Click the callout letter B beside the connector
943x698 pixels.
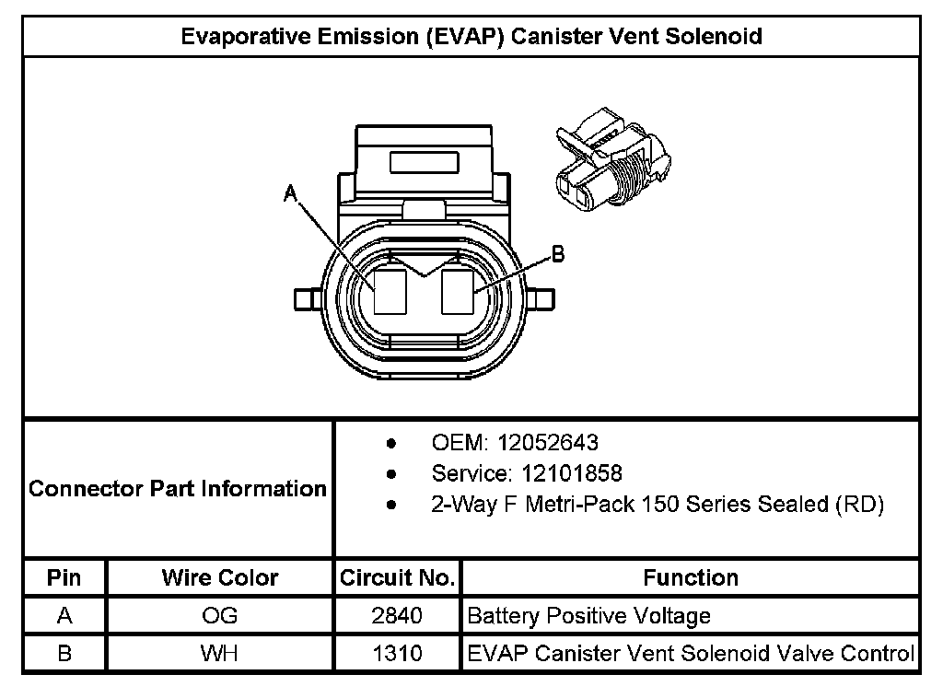(x=556, y=254)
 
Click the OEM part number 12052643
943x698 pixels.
(x=548, y=443)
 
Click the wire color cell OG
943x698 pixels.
(x=219, y=616)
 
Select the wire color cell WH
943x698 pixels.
(x=219, y=654)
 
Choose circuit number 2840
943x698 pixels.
(x=397, y=616)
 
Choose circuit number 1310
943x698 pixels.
(x=397, y=654)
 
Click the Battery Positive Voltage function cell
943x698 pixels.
(x=589, y=616)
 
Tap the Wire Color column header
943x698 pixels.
(x=219, y=578)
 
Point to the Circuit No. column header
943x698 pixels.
(x=397, y=578)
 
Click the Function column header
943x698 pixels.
(x=691, y=578)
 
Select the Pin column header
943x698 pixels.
(x=64, y=578)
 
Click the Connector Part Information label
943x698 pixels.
(x=178, y=488)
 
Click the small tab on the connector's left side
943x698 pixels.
(x=305, y=300)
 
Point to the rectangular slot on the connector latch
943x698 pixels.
(x=425, y=163)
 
